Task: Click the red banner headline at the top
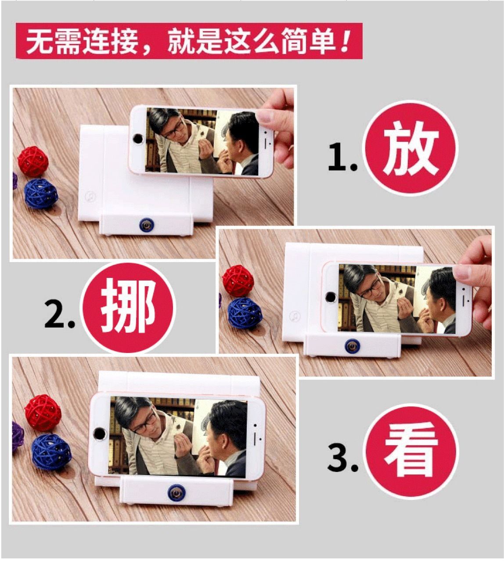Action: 189,41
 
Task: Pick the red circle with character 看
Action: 411,451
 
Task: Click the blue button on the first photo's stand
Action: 146,225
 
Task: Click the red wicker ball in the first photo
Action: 33,162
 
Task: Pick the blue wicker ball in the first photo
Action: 41,194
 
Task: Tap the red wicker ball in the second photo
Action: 238,281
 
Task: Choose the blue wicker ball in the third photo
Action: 51,453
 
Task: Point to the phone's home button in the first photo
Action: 137,138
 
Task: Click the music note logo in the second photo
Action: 295,316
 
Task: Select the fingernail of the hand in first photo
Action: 264,115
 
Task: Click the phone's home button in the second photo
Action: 330,297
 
